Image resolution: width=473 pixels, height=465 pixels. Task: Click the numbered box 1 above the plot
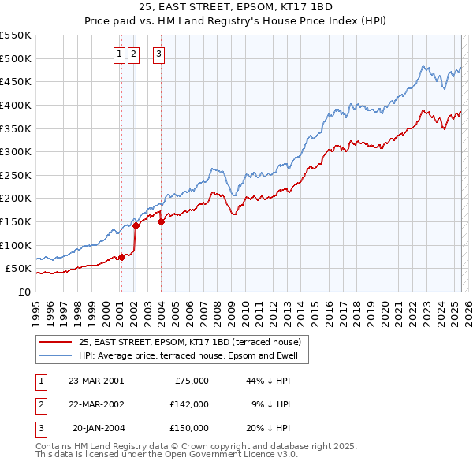pyautogui.click(x=119, y=54)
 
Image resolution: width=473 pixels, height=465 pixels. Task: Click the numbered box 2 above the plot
pyautogui.click(x=132, y=54)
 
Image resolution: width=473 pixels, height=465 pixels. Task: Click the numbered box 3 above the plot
pyautogui.click(x=158, y=54)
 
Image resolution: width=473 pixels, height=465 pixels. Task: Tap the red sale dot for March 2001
pyautogui.click(x=121, y=256)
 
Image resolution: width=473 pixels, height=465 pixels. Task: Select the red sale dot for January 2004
pyautogui.click(x=161, y=221)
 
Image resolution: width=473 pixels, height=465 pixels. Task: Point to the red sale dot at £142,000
pyautogui.click(x=136, y=225)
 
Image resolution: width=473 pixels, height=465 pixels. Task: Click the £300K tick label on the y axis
pyautogui.click(x=17, y=151)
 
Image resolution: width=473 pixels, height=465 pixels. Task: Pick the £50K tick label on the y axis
pyautogui.click(x=20, y=269)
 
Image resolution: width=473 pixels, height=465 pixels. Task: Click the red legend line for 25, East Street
pyautogui.click(x=56, y=343)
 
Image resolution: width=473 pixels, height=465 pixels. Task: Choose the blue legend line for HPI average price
pyautogui.click(x=56, y=355)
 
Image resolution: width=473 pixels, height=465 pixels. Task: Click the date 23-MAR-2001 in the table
pyautogui.click(x=96, y=381)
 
